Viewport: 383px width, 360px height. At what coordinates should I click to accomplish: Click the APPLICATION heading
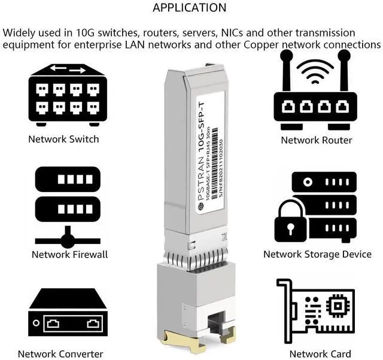coord(190,8)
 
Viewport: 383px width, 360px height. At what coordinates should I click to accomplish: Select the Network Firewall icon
coord(68,206)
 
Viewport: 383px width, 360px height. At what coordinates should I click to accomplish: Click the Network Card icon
coord(315,309)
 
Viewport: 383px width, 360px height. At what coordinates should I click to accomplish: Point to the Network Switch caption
coord(63,139)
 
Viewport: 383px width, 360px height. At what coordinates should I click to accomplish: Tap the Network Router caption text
coord(317,140)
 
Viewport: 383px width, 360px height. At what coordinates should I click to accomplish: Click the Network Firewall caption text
coord(69,254)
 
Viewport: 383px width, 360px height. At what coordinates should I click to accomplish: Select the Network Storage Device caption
coord(317,254)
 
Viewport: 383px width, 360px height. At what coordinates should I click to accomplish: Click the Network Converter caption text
coord(60,353)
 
